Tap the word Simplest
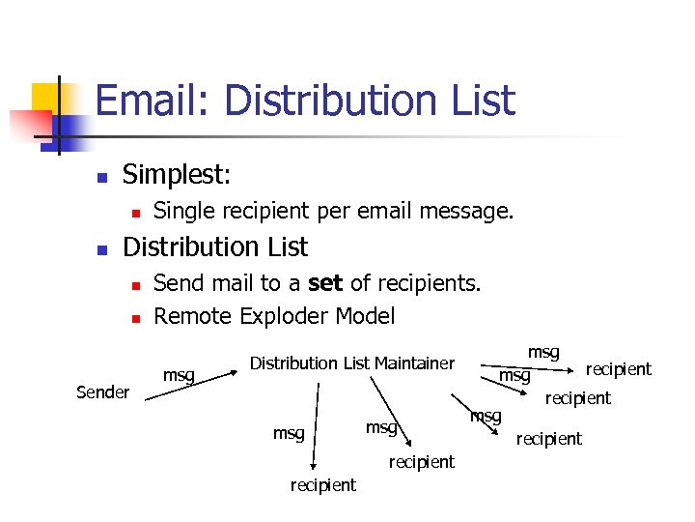coord(177,175)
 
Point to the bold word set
coord(325,283)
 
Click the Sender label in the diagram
coord(102,391)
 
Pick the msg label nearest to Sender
coord(179,375)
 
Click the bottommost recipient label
coord(322,484)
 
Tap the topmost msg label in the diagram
coord(543,352)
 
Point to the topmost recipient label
coord(619,368)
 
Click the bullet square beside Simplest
coord(99,177)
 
